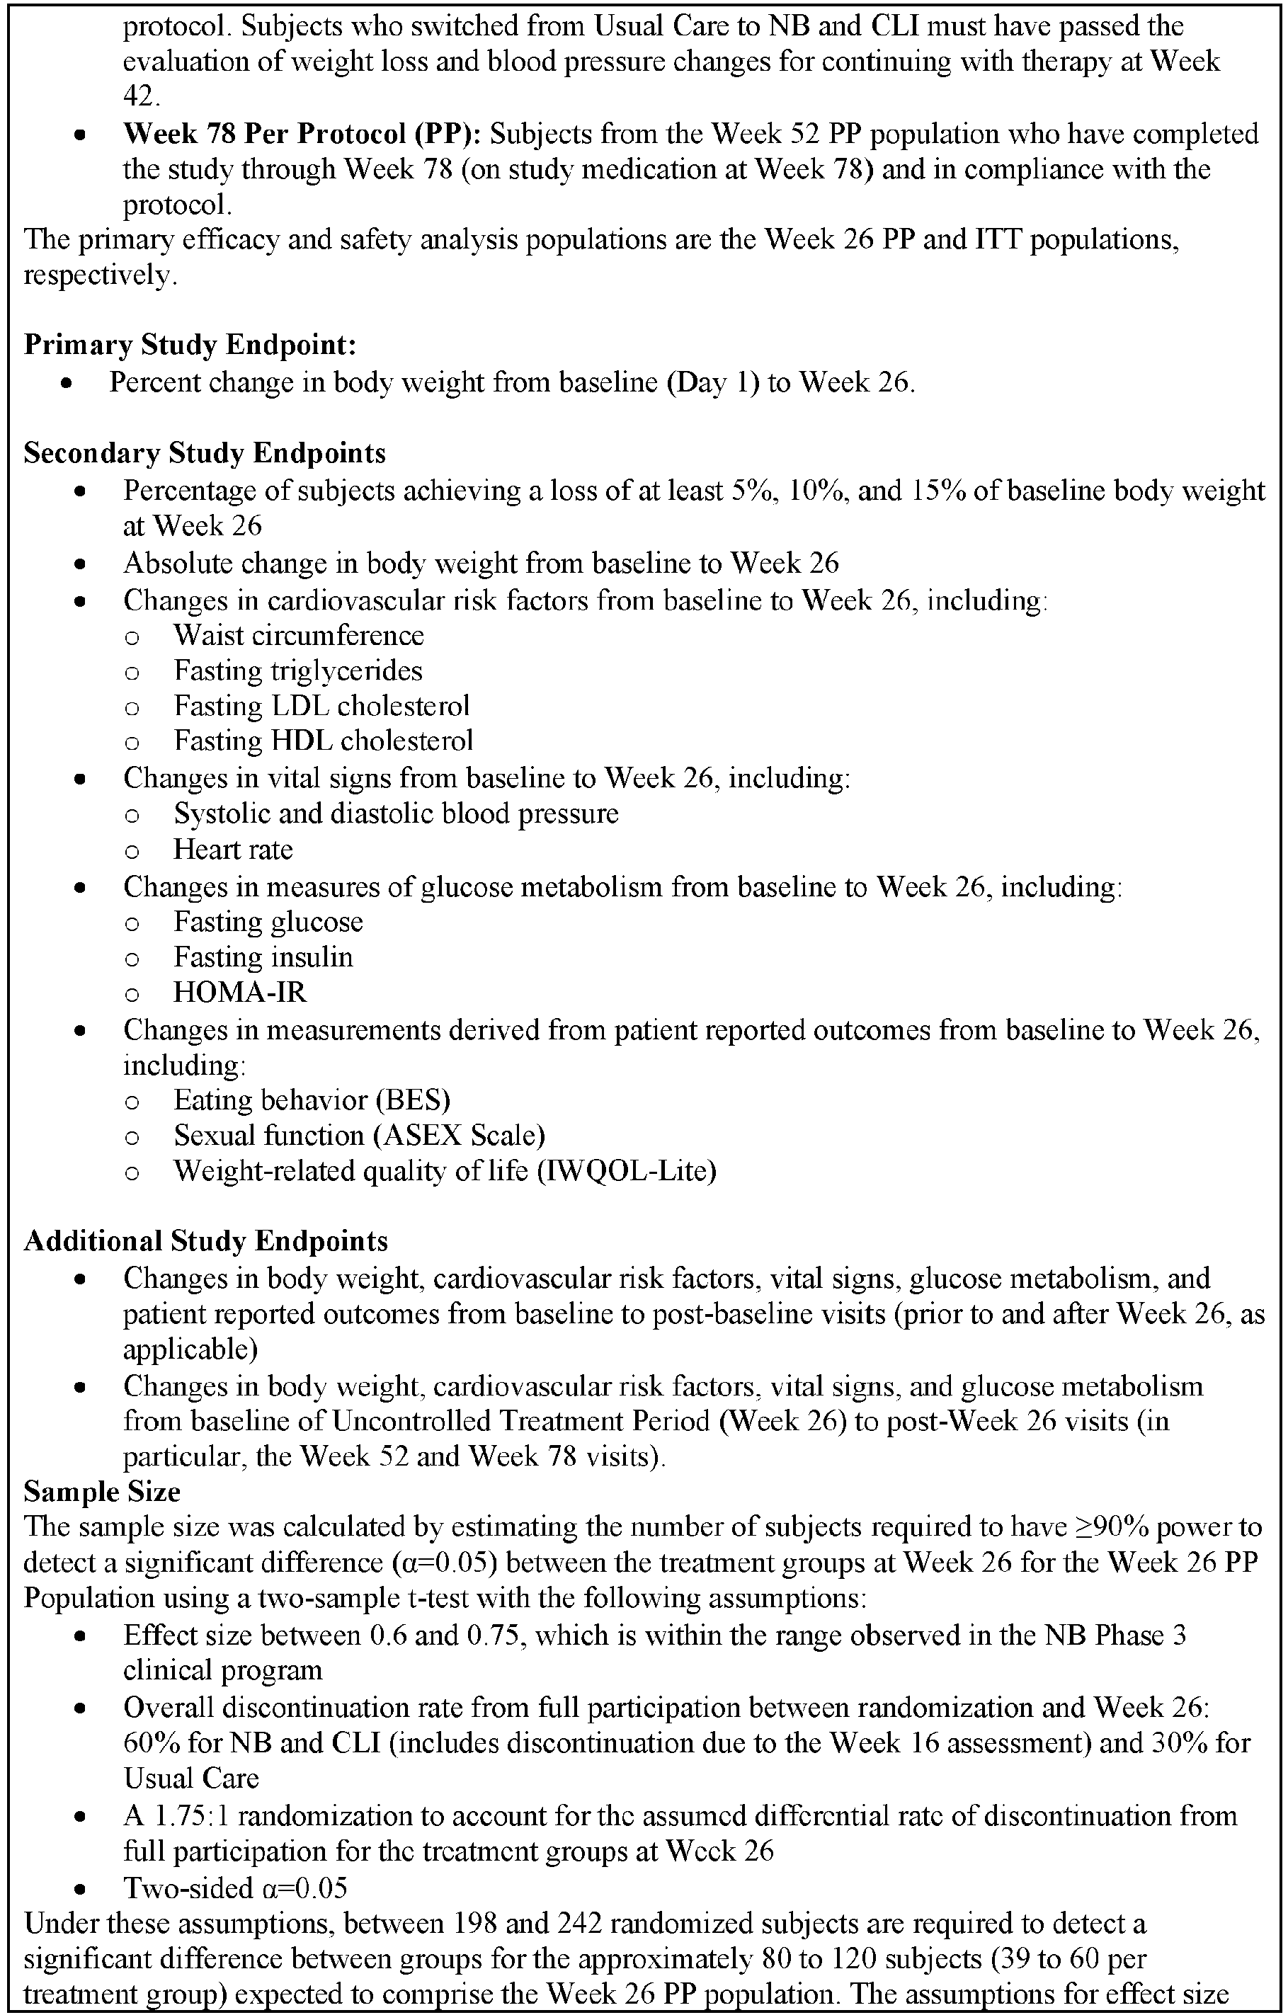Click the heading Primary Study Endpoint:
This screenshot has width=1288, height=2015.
(x=190, y=345)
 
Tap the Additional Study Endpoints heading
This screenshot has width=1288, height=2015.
(x=205, y=1240)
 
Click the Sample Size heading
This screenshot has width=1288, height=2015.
(x=101, y=1491)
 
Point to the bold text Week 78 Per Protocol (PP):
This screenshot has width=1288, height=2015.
(x=302, y=134)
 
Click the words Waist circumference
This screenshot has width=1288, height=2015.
(x=299, y=635)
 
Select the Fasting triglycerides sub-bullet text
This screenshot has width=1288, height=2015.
(x=298, y=670)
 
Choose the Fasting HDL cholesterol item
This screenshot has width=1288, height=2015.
(x=323, y=741)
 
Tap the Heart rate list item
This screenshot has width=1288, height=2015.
(x=233, y=850)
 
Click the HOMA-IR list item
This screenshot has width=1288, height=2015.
(x=239, y=993)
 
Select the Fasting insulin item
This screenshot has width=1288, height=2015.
(x=263, y=957)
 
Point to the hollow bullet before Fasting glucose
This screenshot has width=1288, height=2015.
(x=132, y=923)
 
